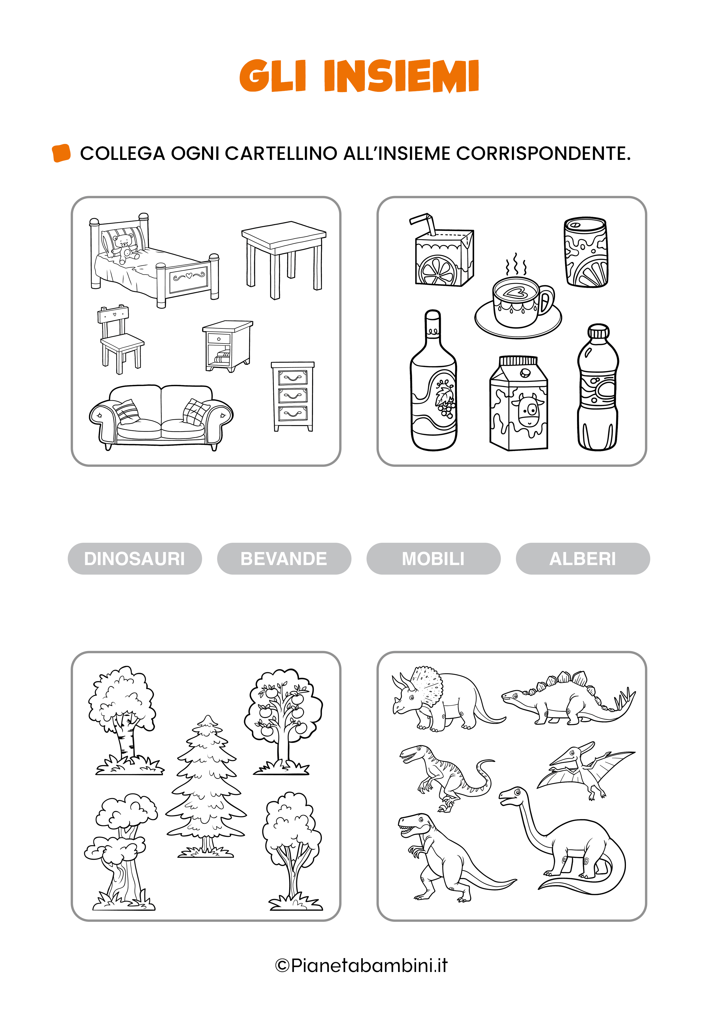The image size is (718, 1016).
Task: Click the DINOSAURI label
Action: point(135,558)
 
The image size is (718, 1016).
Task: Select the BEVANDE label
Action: point(284,558)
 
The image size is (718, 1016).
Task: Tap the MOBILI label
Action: point(433,558)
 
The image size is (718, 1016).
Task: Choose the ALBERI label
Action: point(583,558)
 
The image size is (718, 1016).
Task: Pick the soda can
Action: point(586,252)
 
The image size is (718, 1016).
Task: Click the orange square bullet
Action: point(61,153)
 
